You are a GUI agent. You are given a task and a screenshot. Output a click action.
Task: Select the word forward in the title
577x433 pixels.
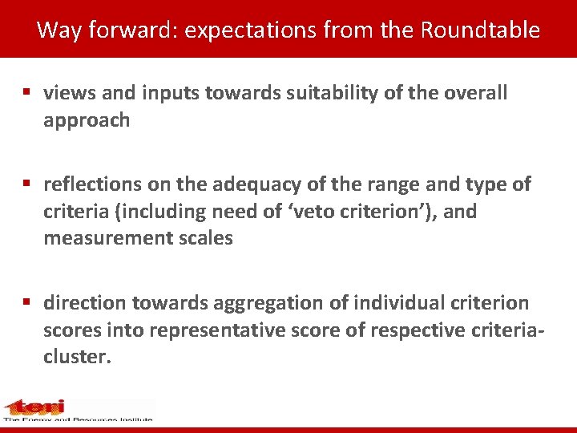coord(131,30)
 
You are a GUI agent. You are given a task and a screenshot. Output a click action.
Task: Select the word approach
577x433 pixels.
coord(87,120)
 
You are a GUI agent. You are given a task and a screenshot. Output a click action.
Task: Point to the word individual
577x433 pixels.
coord(385,303)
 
